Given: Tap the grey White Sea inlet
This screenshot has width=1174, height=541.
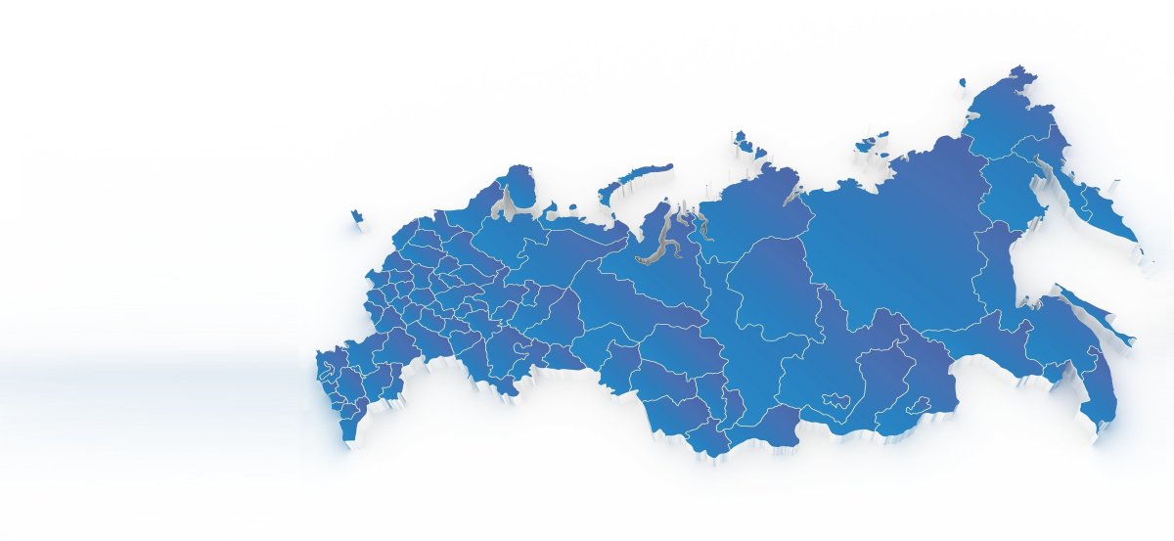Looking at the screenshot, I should tap(507, 204).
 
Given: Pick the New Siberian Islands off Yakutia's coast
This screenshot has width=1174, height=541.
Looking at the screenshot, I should tap(872, 142).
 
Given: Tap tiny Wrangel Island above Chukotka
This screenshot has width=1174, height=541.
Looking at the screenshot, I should tap(963, 83).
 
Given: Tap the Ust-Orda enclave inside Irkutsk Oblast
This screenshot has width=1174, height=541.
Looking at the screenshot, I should tap(838, 402).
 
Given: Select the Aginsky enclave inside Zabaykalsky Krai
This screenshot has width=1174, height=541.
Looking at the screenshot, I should tap(919, 405).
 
